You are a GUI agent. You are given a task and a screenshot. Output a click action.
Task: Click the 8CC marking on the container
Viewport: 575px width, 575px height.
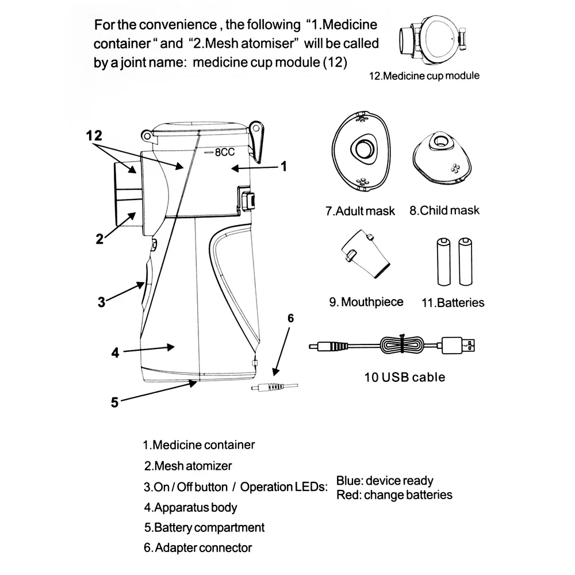[221, 153]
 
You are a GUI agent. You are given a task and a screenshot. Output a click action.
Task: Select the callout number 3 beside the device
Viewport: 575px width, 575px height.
[101, 301]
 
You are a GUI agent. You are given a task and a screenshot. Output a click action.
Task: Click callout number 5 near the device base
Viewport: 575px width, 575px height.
[114, 402]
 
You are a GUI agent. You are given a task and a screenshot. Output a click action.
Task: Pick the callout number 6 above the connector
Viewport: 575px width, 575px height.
[290, 318]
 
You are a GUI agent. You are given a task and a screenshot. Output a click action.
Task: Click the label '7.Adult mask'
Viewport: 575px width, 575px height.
[360, 211]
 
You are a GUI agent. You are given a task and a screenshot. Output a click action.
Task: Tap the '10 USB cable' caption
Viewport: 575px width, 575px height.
[405, 377]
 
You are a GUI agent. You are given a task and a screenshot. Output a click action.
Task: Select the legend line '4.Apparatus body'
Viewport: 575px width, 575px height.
[190, 507]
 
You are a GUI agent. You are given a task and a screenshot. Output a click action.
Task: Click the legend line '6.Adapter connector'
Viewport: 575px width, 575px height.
[198, 547]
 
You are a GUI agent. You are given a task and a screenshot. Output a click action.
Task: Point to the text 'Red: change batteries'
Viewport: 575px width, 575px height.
[394, 494]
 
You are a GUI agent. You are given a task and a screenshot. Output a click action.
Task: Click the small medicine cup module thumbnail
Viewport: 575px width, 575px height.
[432, 37]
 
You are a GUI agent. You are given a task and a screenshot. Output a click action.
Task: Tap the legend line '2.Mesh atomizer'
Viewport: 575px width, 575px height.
[188, 466]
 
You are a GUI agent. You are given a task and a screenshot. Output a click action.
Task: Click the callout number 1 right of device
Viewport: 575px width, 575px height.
[283, 166]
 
